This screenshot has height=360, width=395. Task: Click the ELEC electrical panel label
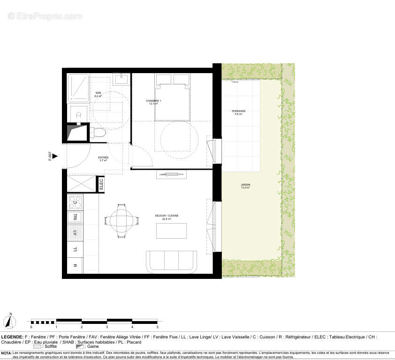pos(101,183)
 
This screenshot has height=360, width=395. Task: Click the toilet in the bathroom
pos(97,133)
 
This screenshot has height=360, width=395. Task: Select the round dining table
pos(122,220)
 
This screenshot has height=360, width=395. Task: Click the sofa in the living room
pos(171,262)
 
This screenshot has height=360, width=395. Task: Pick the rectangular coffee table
pos(171,231)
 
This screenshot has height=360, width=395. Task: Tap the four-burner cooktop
pos(76,202)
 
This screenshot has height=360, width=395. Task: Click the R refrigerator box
pos(75,265)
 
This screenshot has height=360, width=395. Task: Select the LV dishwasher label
pos(75,232)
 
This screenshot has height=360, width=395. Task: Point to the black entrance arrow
pos(55,156)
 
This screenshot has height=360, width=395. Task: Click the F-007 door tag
pos(49,156)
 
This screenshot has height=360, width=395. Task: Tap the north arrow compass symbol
pos(10,322)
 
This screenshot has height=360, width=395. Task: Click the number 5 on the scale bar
pos(157,327)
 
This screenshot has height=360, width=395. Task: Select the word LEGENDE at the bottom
pos(11,337)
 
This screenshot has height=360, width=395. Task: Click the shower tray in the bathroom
pos(78,88)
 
